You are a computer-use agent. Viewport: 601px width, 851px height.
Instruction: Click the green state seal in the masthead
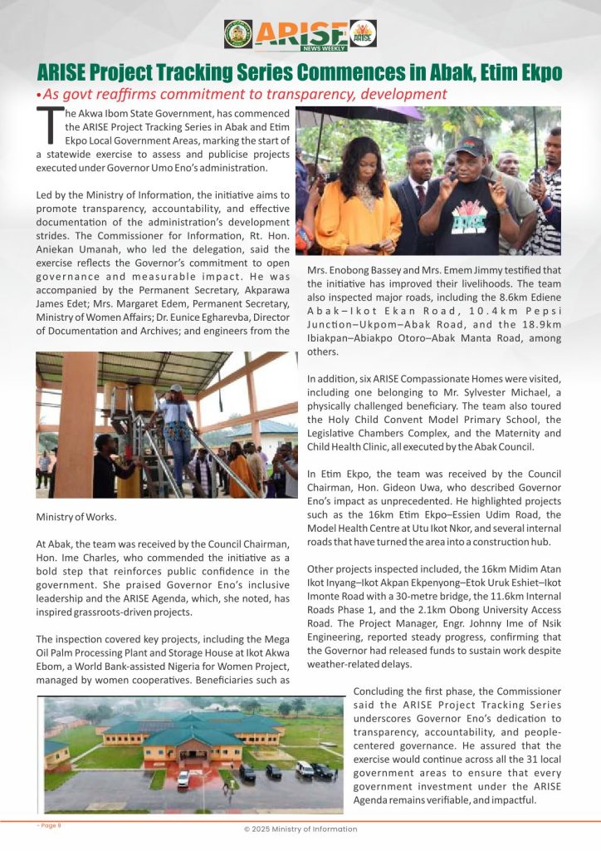(238, 34)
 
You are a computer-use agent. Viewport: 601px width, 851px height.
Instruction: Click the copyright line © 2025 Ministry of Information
(300, 829)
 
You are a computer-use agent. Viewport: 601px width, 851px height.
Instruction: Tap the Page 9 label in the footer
(49, 825)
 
